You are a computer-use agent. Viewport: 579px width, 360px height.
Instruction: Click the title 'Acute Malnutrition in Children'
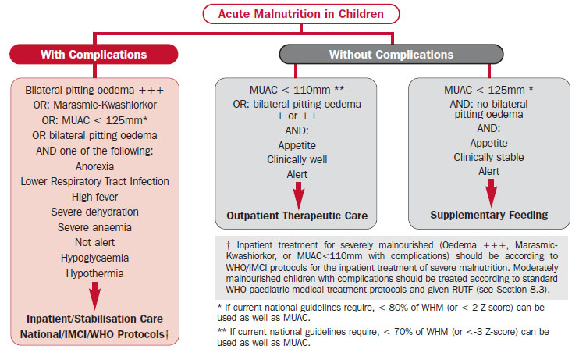[x=301, y=14]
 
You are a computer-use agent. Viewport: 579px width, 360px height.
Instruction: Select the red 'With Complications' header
[x=94, y=55]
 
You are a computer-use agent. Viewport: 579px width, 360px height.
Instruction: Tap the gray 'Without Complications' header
[x=391, y=55]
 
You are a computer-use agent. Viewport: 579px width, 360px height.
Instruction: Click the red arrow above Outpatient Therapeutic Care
[x=298, y=195]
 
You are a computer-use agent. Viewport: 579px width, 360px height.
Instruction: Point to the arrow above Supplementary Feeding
[x=491, y=193]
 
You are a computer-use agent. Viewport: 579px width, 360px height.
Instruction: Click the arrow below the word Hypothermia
[x=95, y=296]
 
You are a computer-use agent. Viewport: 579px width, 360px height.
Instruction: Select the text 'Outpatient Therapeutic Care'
[x=297, y=216]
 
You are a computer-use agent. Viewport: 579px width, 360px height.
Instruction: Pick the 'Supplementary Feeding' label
[x=489, y=215]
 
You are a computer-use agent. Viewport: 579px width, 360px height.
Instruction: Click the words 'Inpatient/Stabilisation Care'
[x=94, y=319]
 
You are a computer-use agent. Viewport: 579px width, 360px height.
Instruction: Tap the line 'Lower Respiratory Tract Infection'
[x=94, y=181]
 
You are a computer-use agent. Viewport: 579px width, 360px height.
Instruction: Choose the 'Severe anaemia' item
[x=94, y=227]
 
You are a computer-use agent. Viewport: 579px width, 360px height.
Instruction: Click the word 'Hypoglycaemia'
[x=94, y=258]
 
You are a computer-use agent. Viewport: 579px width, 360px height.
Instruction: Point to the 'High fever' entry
[x=94, y=197]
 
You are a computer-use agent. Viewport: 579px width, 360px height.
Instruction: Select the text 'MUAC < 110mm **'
[x=297, y=90]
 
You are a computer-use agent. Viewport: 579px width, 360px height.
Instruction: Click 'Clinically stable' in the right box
[x=488, y=157]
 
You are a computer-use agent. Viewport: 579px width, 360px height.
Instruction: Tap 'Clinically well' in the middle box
[x=297, y=159]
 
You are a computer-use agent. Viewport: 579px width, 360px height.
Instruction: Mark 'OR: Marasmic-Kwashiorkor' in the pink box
[x=95, y=105]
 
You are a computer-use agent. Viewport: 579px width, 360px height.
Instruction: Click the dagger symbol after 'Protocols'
[x=167, y=334]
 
